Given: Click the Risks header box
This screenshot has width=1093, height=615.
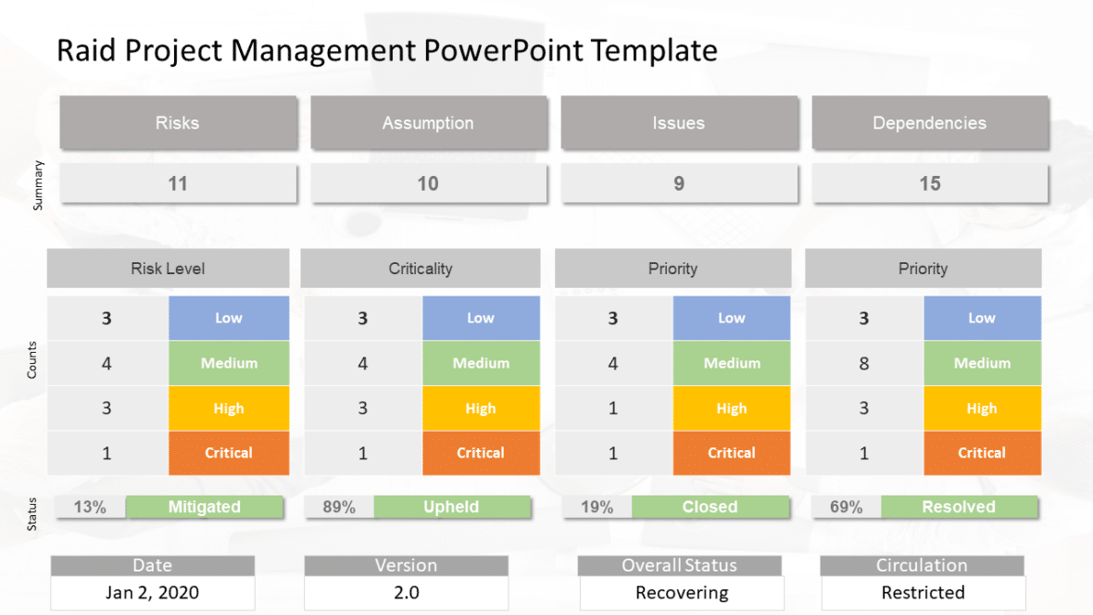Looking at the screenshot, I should [178, 122].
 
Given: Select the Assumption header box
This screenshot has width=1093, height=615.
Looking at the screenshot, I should [428, 122].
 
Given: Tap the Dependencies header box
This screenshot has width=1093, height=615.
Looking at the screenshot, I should [930, 122].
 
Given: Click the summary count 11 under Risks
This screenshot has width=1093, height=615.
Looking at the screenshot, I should [178, 183].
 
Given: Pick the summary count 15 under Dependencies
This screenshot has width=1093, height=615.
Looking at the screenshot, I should [930, 183].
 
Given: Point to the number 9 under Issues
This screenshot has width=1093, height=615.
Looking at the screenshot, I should [679, 183].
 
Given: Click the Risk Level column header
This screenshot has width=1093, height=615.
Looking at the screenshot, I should [168, 269].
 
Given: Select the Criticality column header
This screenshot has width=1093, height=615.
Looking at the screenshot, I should [421, 269].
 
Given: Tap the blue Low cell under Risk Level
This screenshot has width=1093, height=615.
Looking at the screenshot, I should [229, 318].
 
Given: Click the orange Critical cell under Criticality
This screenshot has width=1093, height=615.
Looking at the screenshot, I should [481, 453].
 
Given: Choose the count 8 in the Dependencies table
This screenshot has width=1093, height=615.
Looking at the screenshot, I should [864, 363].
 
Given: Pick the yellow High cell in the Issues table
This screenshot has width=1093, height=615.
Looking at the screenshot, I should [732, 408].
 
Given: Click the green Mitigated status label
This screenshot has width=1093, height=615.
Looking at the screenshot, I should [205, 507].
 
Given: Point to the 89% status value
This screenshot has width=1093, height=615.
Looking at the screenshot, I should [339, 507].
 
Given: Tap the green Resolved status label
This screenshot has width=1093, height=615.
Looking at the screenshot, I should [959, 507].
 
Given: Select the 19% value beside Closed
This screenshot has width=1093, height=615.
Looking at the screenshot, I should [597, 507].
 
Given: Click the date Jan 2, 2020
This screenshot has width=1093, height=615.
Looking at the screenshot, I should [153, 593].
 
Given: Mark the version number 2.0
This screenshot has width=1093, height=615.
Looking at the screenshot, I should [406, 593].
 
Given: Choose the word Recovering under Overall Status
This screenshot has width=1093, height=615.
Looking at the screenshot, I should [682, 593].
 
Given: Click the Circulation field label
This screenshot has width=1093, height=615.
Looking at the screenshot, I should [922, 565].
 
